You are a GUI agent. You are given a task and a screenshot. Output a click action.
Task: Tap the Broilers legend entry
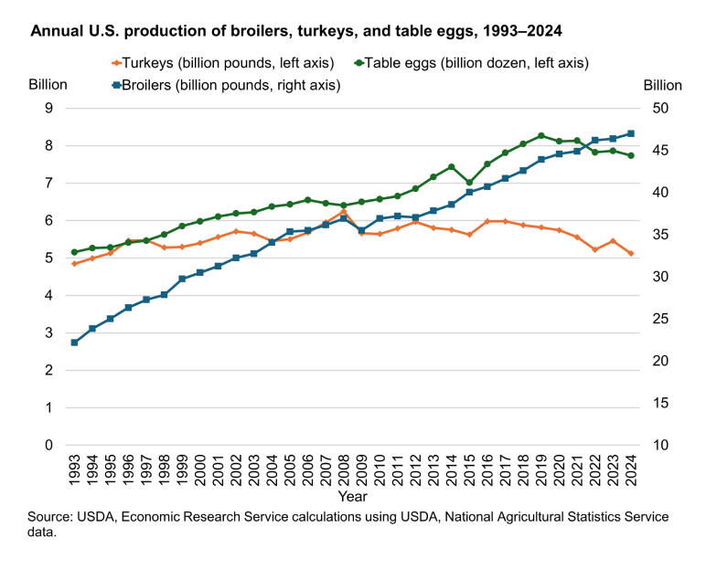[x=225, y=85]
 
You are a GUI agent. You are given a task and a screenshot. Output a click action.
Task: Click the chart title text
[x=296, y=31]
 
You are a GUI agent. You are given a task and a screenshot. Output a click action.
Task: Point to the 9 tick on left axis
[x=49, y=108]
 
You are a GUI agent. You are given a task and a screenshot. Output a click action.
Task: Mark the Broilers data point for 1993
[x=74, y=342]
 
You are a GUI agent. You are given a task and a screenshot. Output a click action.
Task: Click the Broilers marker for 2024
[x=631, y=133]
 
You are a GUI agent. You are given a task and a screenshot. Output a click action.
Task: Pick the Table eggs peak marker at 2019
[x=541, y=136]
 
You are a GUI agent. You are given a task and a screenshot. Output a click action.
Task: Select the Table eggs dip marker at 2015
[x=469, y=183]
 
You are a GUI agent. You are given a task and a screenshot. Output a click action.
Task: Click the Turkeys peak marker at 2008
[x=344, y=211]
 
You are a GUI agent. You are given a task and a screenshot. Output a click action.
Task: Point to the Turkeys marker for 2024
[x=631, y=253]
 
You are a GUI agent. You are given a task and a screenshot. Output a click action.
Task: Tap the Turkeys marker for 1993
[x=74, y=264]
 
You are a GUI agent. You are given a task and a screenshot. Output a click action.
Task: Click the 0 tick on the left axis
[x=49, y=445]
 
